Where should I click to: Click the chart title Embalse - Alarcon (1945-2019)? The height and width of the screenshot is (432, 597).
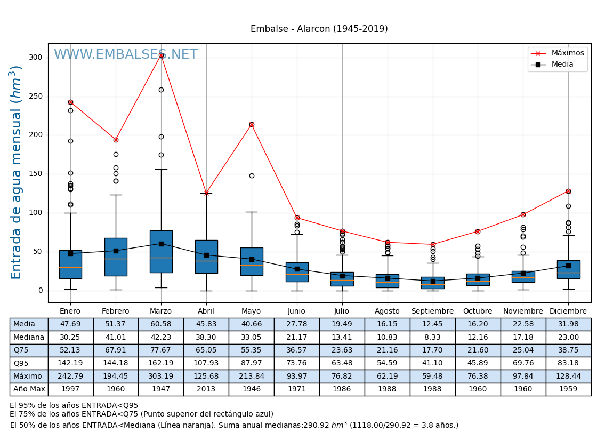click(319, 29)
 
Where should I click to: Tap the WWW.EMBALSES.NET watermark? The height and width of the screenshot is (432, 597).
click(125, 55)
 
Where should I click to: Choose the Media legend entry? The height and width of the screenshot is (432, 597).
click(562, 65)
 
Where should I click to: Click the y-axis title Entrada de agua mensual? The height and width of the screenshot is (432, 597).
click(17, 172)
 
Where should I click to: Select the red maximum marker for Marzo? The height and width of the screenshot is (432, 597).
click(161, 55)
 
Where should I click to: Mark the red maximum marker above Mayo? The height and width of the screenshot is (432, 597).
click(252, 125)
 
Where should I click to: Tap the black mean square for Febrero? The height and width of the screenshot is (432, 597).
click(116, 251)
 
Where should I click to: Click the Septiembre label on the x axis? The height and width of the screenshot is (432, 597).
click(432, 311)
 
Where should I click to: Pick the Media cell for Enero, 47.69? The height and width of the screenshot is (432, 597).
click(70, 324)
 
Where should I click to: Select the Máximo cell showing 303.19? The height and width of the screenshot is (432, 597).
click(160, 376)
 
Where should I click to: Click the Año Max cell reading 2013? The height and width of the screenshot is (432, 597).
click(206, 389)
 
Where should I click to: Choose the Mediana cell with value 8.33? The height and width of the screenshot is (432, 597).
click(432, 337)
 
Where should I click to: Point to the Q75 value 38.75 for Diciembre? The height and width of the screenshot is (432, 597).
click(568, 350)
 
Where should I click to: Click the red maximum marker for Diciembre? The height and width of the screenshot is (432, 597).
click(568, 191)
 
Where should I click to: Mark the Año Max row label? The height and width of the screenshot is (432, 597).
click(29, 389)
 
